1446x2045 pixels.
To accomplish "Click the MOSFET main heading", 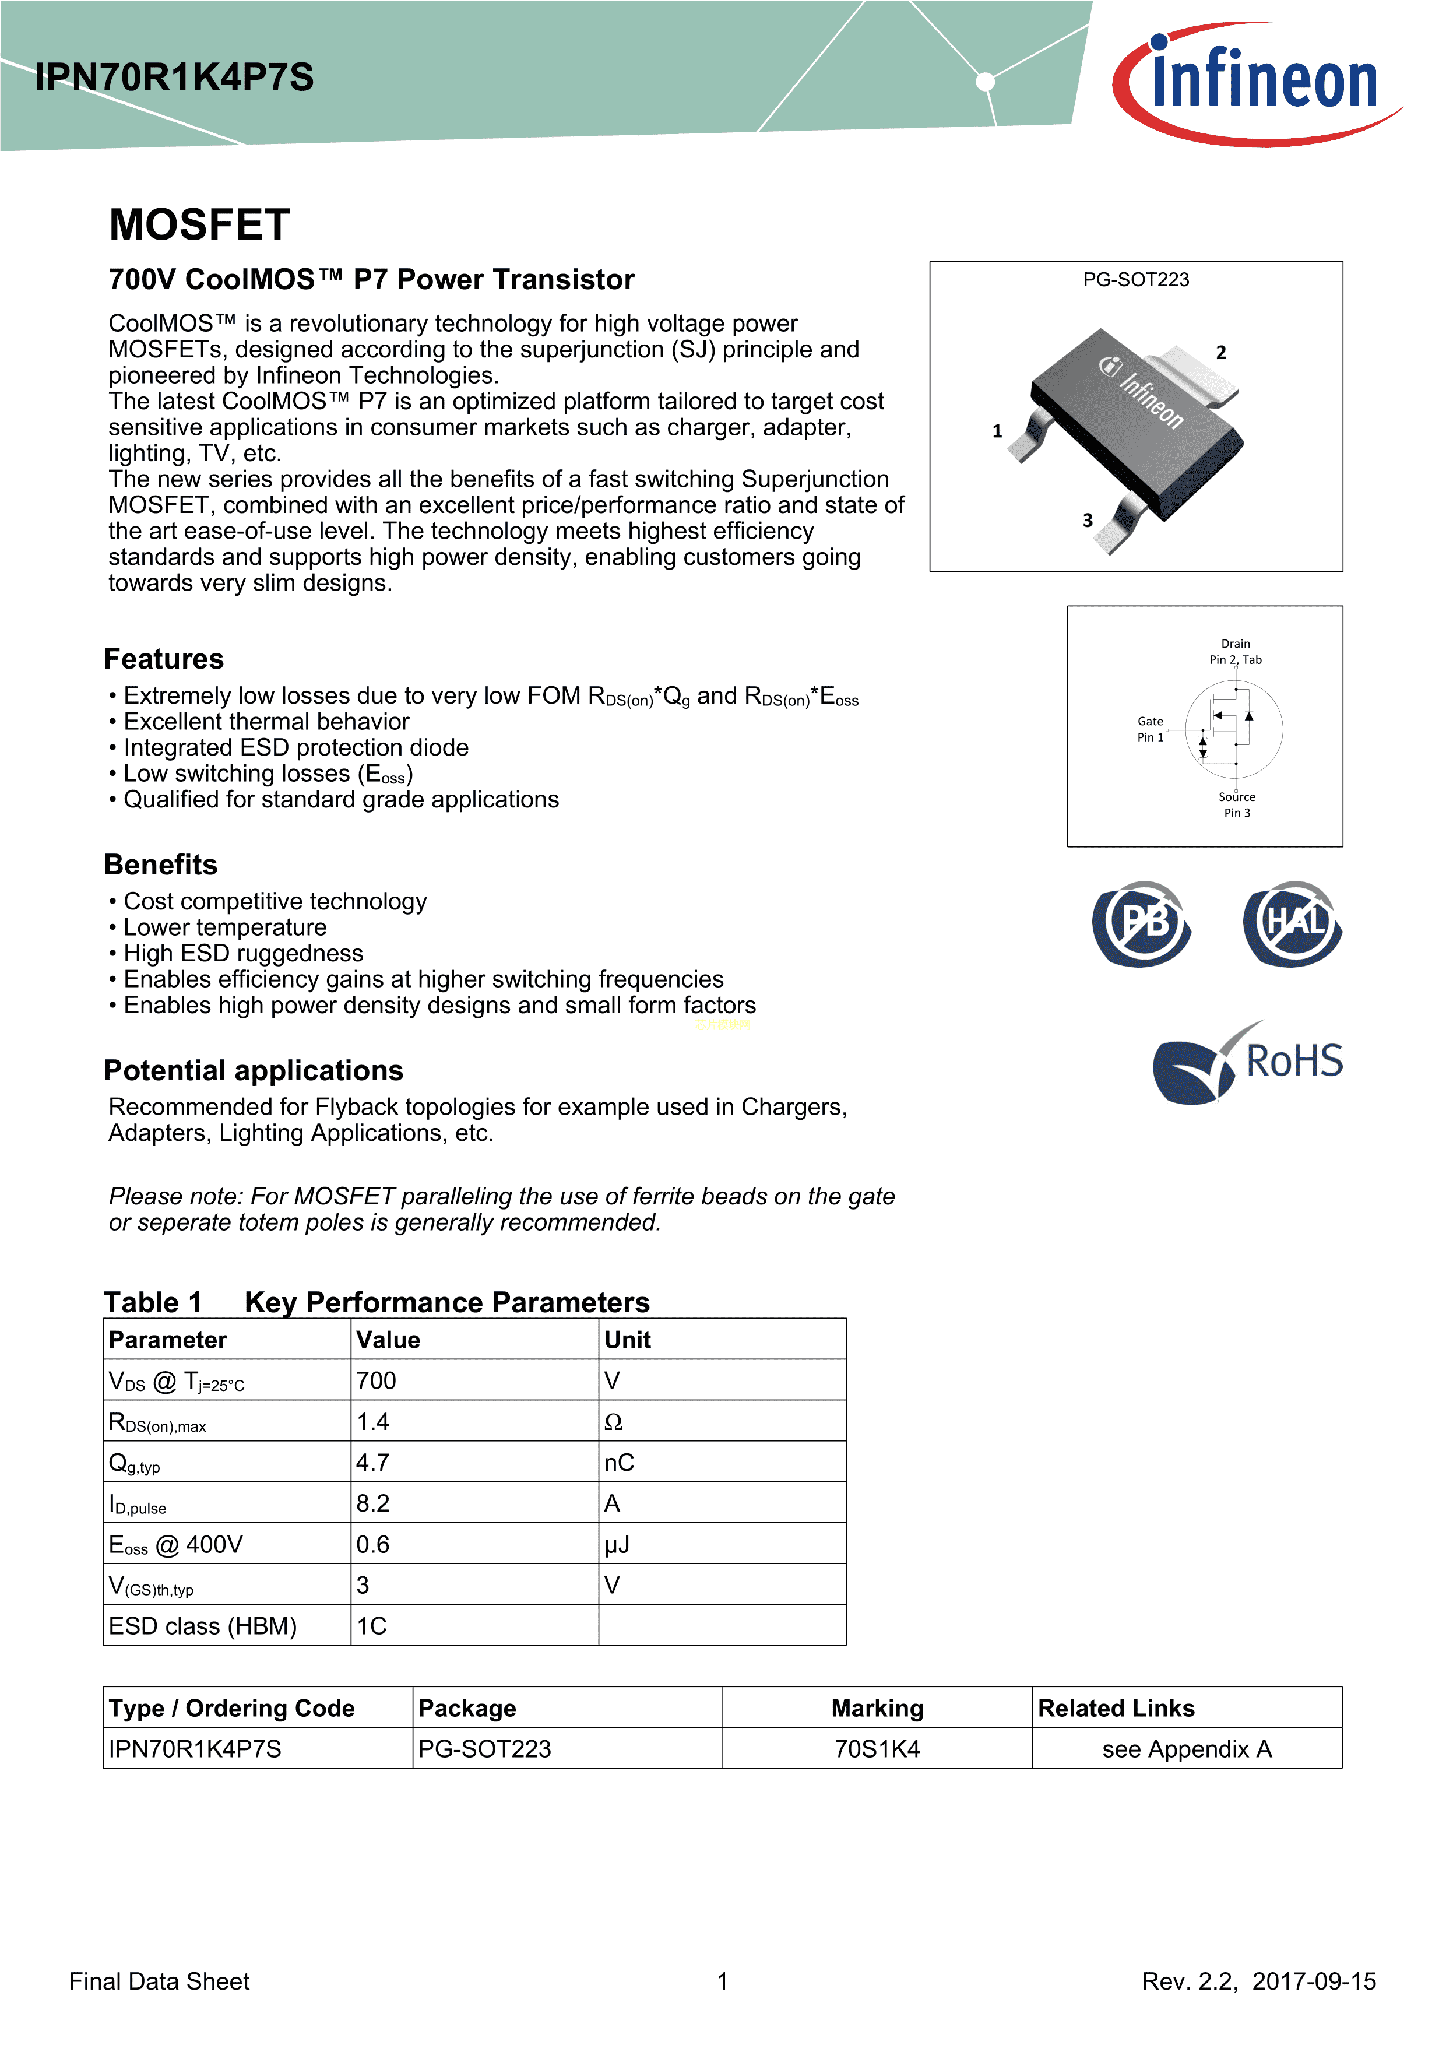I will pos(199,224).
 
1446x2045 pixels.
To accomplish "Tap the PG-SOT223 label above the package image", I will pos(1135,280).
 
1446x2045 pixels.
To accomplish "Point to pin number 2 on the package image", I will pos(1220,353).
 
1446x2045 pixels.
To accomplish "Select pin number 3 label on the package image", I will pos(1087,520).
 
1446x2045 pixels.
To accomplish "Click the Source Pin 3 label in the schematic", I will pos(1237,804).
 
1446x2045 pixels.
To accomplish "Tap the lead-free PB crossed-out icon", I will pos(1142,923).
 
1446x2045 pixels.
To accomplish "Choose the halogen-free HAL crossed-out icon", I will pos(1293,923).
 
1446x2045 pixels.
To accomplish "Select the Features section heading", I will pos(164,659).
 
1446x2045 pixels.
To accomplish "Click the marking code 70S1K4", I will pos(877,1749).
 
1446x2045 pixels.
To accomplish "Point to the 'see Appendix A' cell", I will pos(1187,1749).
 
